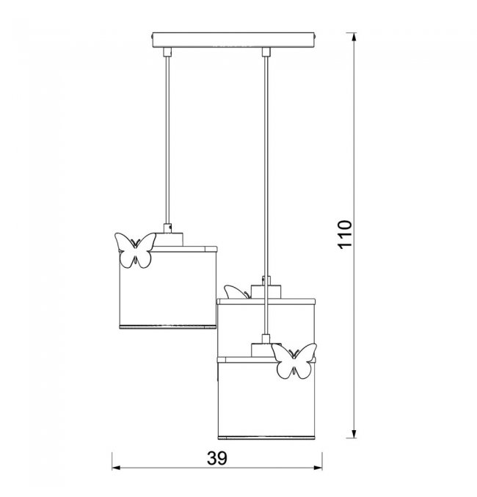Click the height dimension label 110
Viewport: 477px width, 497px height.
tap(345, 234)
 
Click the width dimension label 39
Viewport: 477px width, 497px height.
tap(217, 457)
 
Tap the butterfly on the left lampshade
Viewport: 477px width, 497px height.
tap(135, 250)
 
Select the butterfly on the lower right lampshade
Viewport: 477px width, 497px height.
tap(294, 361)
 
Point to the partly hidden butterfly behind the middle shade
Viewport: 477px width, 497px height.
tap(236, 292)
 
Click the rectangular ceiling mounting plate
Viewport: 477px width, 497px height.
tap(233, 40)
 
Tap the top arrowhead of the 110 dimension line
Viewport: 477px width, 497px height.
tap(354, 37)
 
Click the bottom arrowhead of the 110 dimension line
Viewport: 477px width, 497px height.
tap(354, 434)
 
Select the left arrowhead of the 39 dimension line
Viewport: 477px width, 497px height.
tap(116, 468)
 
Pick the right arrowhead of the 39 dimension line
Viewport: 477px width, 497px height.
tap(318, 468)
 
